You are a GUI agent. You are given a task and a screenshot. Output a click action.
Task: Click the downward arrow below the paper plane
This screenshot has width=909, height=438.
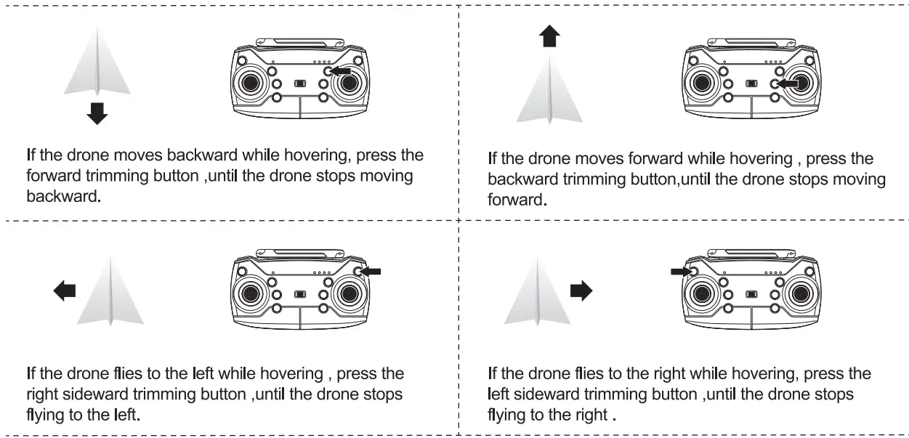pos(97,113)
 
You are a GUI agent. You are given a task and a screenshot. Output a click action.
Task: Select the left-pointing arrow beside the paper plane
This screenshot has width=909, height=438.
pos(65,291)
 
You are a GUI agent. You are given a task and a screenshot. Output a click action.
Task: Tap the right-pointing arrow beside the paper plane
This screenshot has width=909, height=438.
pos(581,291)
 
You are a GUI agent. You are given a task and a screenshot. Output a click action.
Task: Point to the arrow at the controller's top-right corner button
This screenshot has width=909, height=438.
pos(370,271)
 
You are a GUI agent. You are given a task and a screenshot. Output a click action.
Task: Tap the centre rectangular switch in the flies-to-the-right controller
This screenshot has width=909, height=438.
pos(751,293)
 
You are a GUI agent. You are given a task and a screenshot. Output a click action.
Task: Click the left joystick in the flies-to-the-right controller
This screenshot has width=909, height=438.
pos(701,293)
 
